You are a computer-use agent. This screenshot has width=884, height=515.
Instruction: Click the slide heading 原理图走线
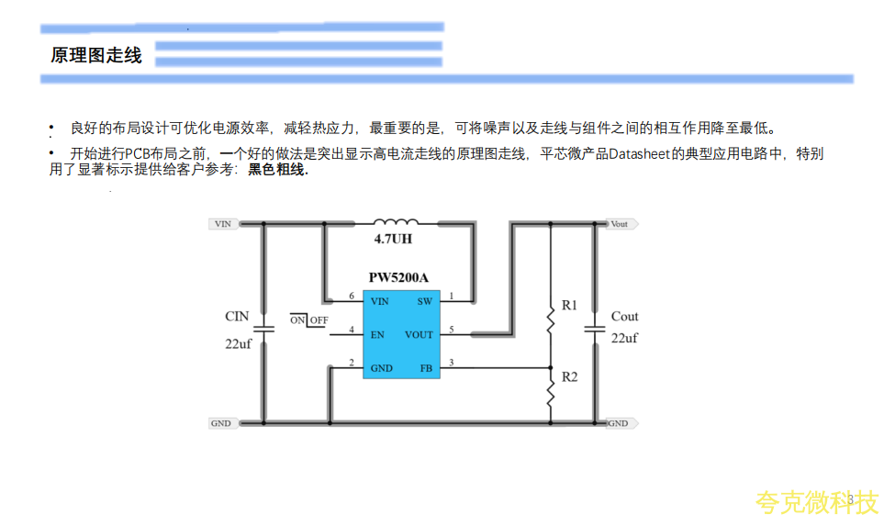point(96,55)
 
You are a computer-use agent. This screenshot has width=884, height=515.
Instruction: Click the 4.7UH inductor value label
point(393,240)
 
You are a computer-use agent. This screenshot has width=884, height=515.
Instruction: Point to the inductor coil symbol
point(395,222)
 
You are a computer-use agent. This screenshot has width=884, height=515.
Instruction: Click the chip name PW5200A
point(399,276)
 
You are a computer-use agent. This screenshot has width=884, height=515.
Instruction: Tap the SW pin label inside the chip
point(424,301)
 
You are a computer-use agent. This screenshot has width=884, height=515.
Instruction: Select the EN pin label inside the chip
point(377,335)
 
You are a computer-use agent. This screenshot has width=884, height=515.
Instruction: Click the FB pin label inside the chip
point(426,368)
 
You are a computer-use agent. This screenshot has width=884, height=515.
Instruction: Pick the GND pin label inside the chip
point(381,368)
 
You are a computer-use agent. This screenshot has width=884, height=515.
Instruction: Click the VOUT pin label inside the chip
point(419,335)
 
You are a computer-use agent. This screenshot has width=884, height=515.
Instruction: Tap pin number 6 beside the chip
point(352,297)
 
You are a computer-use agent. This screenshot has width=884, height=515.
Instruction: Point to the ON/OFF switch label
point(309,319)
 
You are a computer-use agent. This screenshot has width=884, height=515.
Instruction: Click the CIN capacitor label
point(237,316)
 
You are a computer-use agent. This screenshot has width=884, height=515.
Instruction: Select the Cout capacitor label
point(624,316)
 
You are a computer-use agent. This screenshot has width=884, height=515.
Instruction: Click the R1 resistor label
point(570,304)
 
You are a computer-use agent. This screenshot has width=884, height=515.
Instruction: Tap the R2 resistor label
point(570,377)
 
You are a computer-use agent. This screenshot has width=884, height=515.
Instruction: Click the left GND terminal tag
point(221,423)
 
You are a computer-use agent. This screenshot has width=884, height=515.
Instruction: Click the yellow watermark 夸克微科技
point(816,501)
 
